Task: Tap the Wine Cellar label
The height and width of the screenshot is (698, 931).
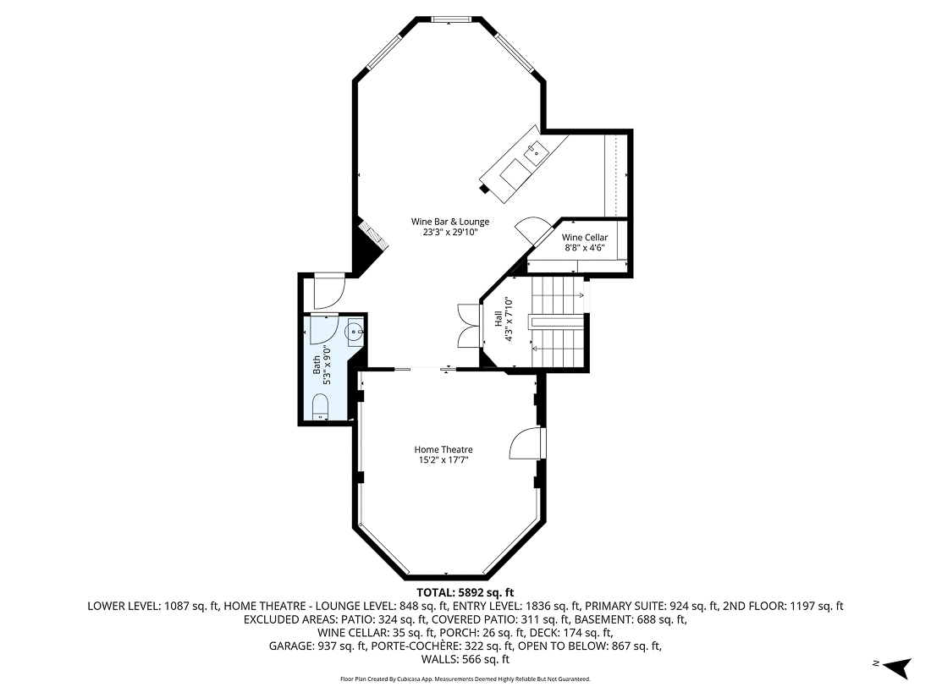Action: tap(584, 238)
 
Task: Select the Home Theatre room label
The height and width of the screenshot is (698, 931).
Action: tap(443, 449)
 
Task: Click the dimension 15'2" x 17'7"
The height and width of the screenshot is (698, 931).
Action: tap(443, 460)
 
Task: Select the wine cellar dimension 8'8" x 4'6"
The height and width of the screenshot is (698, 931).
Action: tap(584, 249)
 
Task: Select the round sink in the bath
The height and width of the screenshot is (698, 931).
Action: tap(355, 333)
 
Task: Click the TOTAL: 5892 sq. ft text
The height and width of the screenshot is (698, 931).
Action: tap(465, 592)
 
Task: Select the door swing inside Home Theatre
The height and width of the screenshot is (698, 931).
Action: tap(527, 443)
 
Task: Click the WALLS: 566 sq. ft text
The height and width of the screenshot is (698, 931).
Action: tap(465, 659)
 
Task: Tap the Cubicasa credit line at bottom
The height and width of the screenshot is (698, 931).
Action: tap(465, 679)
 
